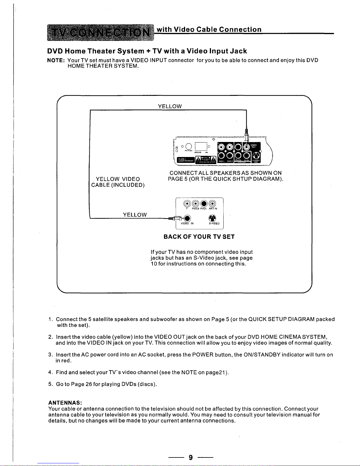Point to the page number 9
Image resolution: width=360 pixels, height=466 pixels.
[191, 457]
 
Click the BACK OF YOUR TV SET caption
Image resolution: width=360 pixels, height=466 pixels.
[199, 237]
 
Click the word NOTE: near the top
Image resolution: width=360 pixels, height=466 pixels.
[56, 60]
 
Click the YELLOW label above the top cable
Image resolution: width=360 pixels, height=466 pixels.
[170, 106]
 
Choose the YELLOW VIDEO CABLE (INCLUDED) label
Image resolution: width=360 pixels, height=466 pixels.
[118, 182]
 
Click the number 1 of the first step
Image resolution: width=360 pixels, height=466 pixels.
[50, 319]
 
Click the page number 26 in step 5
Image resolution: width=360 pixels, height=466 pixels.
[88, 384]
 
